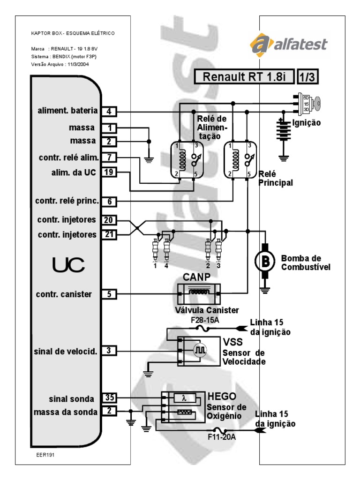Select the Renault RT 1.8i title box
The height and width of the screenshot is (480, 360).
[243, 77]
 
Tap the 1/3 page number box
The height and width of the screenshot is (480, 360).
[308, 77]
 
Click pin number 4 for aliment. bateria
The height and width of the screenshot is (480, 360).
[109, 111]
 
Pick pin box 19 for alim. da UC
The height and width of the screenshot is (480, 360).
[109, 172]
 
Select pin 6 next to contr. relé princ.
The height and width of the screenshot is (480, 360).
[109, 201]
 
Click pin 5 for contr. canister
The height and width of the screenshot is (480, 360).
[109, 294]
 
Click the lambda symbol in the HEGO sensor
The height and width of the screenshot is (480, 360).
[184, 398]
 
